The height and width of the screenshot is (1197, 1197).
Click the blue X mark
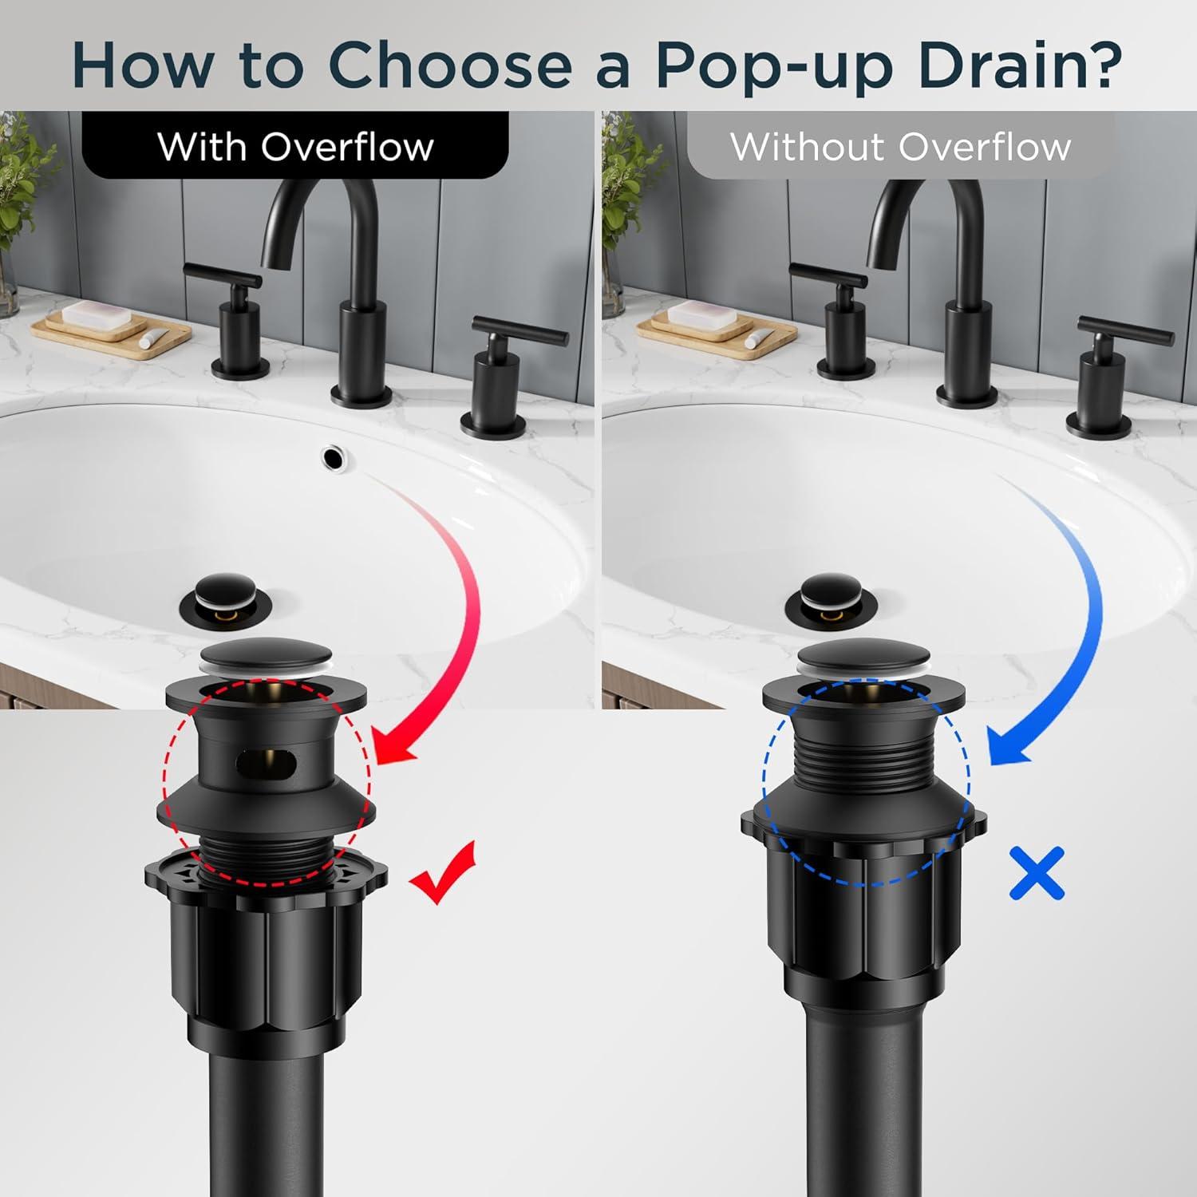click(1037, 874)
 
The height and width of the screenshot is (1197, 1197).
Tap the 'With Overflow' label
click(295, 146)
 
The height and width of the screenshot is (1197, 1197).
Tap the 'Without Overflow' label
click(900, 146)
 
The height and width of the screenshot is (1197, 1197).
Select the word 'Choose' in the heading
click(450, 64)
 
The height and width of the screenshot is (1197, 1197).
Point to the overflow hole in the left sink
click(334, 456)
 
